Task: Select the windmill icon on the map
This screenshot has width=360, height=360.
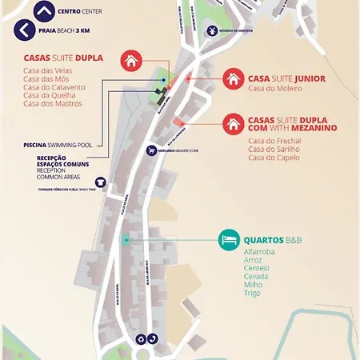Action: pos(211,30)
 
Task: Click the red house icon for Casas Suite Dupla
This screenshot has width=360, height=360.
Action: pos(131,60)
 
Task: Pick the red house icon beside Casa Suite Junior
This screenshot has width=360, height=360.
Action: pos(233,78)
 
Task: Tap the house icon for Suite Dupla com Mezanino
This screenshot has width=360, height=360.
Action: pos(233,124)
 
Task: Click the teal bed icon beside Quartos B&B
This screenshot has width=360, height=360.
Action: pos(230,239)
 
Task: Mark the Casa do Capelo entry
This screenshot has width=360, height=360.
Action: pos(274,157)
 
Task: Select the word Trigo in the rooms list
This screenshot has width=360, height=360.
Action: pos(252,293)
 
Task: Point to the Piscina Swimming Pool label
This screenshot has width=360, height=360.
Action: pos(58,146)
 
